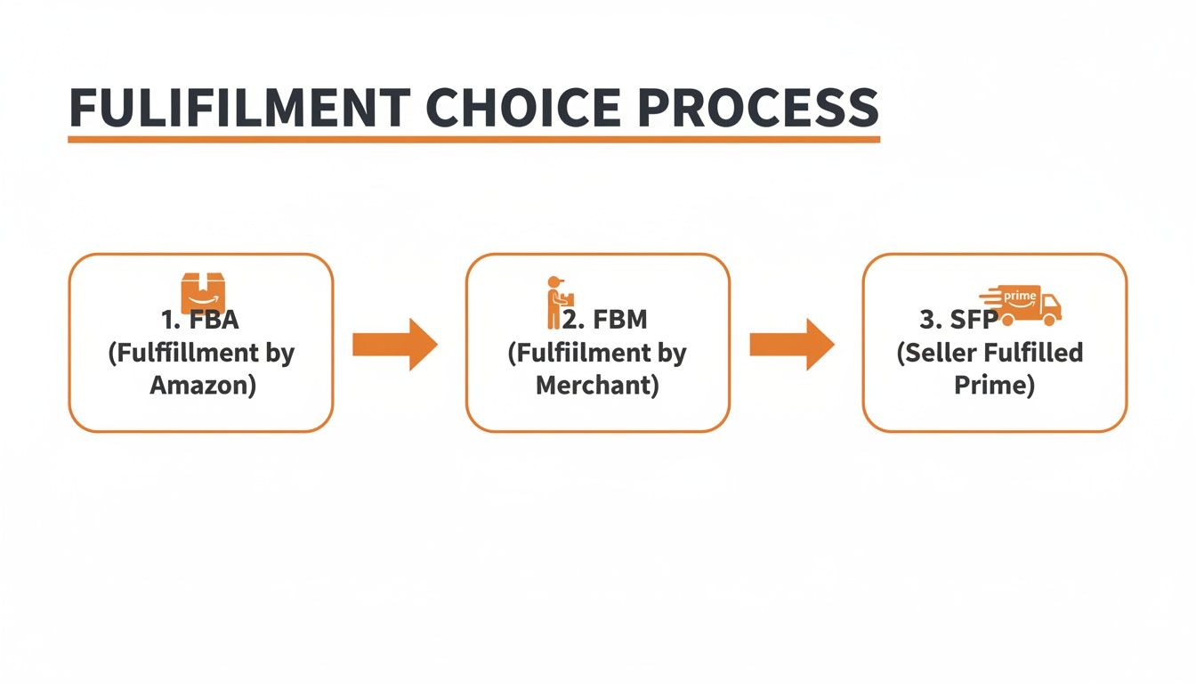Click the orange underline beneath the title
click(473, 139)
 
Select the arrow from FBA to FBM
click(394, 344)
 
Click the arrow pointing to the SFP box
click(792, 344)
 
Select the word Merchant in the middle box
click(597, 386)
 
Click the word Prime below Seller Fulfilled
click(994, 386)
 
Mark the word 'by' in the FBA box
click(279, 354)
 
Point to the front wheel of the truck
click(1049, 319)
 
